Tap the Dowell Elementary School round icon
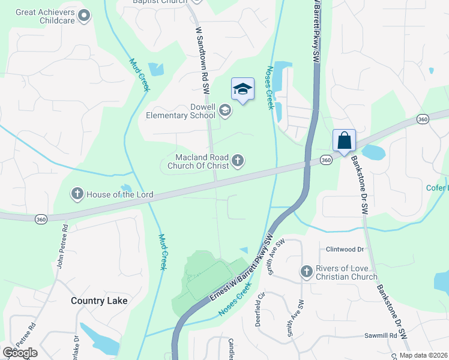tap(225, 110)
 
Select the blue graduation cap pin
tap(243, 90)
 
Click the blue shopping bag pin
tap(345, 141)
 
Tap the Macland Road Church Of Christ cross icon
tap(238, 160)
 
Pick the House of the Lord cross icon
tap(77, 193)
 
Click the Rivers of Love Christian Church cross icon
tap(306, 272)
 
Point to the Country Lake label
tap(99, 301)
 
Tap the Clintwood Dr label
tap(345, 249)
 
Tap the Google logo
tap(20, 353)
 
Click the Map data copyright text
tap(423, 355)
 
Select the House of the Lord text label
tap(120, 194)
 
